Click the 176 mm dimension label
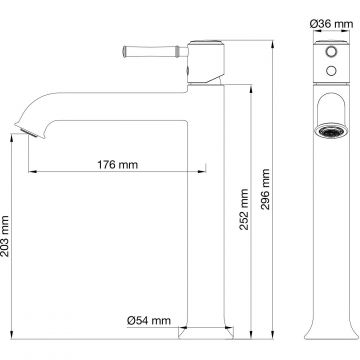click(x=117, y=165)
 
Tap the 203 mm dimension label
click(x=5, y=236)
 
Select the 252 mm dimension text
click(x=244, y=209)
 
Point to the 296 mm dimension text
click(x=265, y=189)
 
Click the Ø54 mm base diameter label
click(x=149, y=321)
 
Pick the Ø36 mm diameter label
click(x=331, y=24)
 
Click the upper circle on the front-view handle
click(x=331, y=52)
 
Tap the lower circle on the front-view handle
click(x=331, y=70)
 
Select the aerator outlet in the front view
click(x=331, y=130)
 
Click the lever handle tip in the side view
click(x=125, y=52)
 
